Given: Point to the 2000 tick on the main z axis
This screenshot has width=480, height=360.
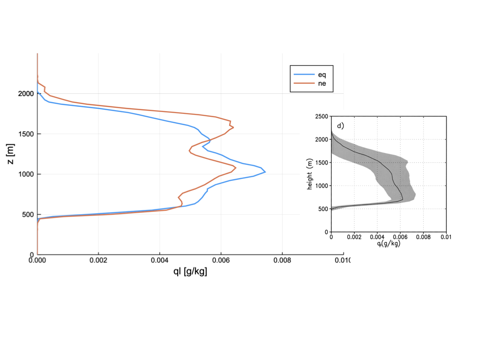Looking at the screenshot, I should click(x=23, y=94).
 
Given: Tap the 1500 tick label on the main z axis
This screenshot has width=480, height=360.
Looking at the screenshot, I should click(x=23, y=134).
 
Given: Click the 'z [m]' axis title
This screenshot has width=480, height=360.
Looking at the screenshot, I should click(x=11, y=154).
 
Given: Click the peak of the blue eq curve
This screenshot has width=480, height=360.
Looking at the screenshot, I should click(x=265, y=172).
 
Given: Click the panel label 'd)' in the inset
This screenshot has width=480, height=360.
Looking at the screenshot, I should click(x=341, y=125).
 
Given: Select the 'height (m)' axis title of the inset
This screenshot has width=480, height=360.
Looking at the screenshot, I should click(x=310, y=174).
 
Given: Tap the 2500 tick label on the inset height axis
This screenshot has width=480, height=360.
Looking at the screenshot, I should click(x=321, y=116).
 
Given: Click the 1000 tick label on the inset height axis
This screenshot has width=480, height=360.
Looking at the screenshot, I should click(x=321, y=186).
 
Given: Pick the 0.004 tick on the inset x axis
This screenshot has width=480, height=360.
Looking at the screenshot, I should click(x=377, y=237).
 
